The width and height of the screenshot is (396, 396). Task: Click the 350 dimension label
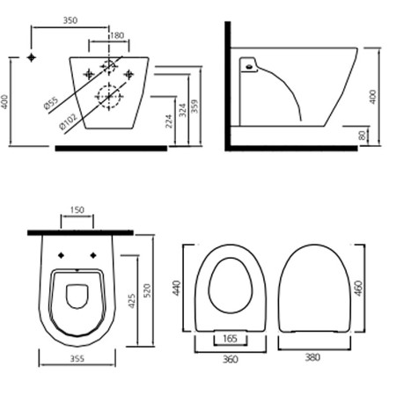[70, 20]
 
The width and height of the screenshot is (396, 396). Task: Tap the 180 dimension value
[117, 35]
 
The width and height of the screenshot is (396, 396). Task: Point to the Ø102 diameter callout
[69, 121]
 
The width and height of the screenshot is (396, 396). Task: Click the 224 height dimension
[169, 121]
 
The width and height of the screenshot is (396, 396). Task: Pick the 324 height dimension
[183, 110]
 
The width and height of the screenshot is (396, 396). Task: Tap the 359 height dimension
[194, 106]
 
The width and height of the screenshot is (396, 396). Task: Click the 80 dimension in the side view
[363, 135]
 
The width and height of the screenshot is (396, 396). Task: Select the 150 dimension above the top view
[77, 210]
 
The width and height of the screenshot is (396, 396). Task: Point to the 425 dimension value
[132, 301]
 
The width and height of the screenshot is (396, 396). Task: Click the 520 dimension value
[147, 290]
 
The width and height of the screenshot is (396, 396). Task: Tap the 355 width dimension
[77, 358]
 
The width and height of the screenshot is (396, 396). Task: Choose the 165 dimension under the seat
[230, 339]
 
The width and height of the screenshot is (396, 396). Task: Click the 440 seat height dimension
[177, 288]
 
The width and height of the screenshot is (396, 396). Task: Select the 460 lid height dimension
[359, 289]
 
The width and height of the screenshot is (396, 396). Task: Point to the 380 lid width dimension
[312, 357]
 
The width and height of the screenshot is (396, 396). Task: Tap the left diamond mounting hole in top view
[61, 255]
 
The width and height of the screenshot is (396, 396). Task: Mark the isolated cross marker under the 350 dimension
[31, 57]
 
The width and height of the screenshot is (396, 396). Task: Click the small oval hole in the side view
[249, 67]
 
